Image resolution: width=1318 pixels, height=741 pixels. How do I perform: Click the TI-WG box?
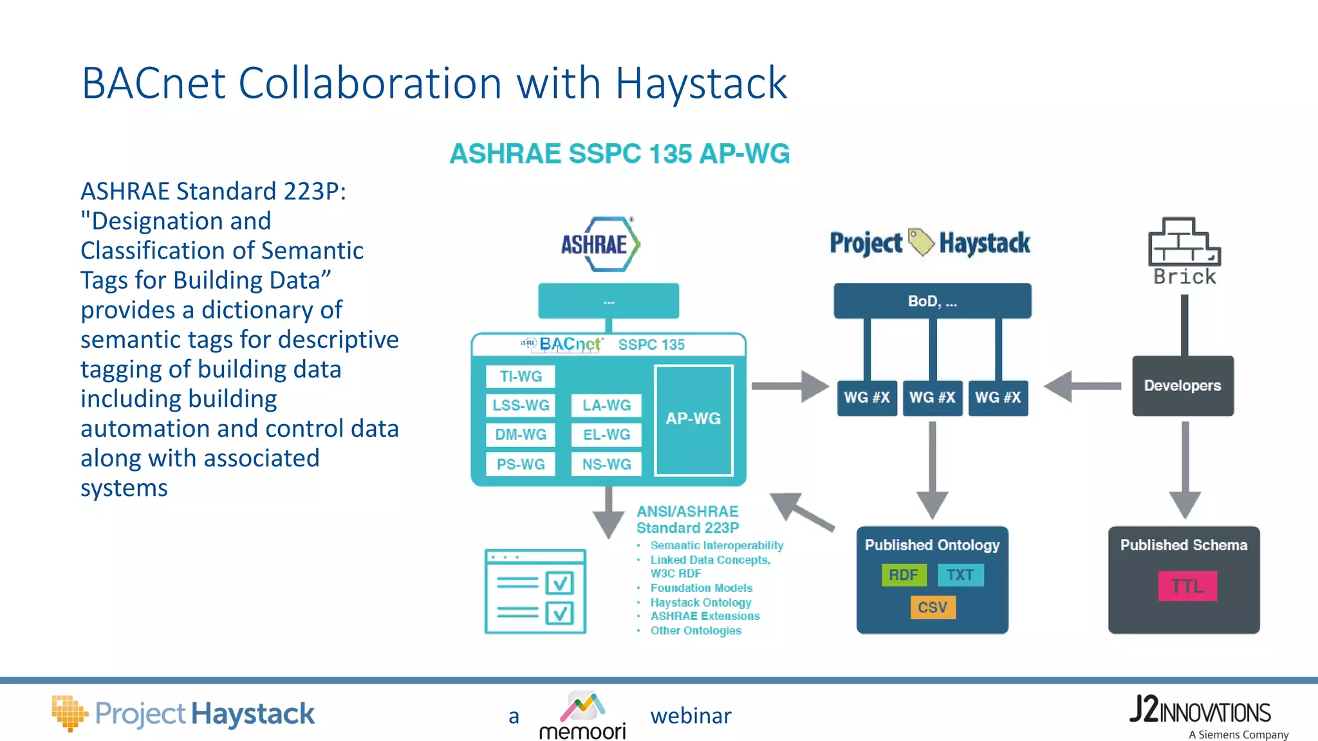click(520, 376)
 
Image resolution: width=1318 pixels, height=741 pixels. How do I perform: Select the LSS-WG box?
click(520, 405)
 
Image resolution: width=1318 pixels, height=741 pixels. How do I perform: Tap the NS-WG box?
click(606, 464)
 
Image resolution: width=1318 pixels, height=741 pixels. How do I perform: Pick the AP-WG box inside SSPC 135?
click(693, 419)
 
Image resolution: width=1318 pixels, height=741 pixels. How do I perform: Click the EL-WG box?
click(606, 435)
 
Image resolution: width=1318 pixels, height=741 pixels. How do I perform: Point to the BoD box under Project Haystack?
click(932, 301)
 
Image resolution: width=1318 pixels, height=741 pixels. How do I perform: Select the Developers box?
click(1182, 386)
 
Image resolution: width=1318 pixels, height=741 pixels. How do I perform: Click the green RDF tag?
click(904, 575)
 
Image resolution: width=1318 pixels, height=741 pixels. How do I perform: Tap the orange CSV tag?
click(933, 607)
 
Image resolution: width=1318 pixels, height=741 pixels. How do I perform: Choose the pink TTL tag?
click(1187, 586)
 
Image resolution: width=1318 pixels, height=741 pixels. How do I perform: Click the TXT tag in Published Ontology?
click(960, 575)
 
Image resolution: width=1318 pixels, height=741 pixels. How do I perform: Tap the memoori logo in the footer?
click(582, 716)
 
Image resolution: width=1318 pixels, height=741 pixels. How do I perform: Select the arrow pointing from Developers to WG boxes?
click(1082, 386)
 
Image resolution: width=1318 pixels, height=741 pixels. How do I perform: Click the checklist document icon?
click(535, 591)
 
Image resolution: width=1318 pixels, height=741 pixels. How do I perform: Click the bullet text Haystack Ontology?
click(700, 603)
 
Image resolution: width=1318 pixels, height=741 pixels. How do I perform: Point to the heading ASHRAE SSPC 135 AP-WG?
click(619, 154)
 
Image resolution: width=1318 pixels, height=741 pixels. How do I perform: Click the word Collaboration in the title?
click(370, 83)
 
